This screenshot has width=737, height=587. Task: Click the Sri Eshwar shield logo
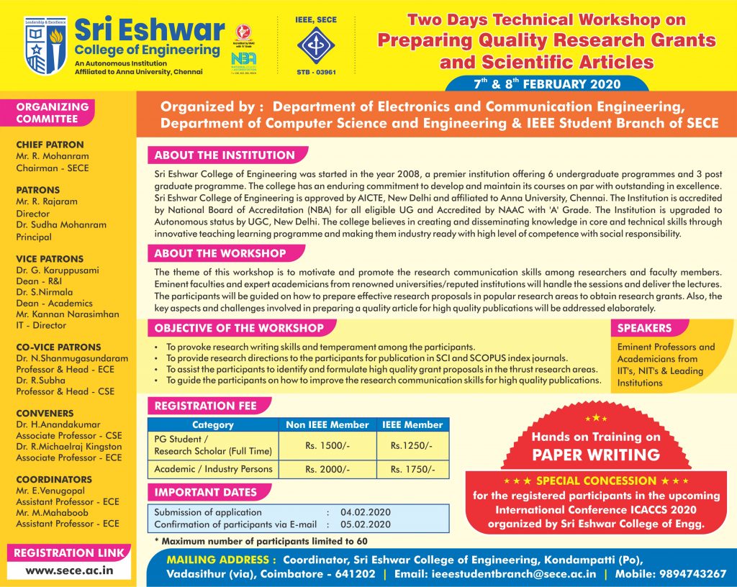(x=45, y=46)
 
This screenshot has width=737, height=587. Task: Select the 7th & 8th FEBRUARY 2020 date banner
(x=547, y=84)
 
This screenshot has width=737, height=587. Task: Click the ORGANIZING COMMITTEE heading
(x=53, y=113)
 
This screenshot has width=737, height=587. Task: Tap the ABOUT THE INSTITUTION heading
(x=225, y=155)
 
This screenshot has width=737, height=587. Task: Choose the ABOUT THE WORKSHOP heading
(x=220, y=253)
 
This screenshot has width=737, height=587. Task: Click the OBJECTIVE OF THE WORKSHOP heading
(x=239, y=328)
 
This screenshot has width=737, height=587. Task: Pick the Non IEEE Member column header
(x=327, y=425)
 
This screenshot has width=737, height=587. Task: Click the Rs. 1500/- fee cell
(x=327, y=445)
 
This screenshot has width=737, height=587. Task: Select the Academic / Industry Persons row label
(x=214, y=469)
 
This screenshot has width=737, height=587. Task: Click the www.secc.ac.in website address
(x=69, y=570)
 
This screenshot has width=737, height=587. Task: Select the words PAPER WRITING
(x=595, y=455)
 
